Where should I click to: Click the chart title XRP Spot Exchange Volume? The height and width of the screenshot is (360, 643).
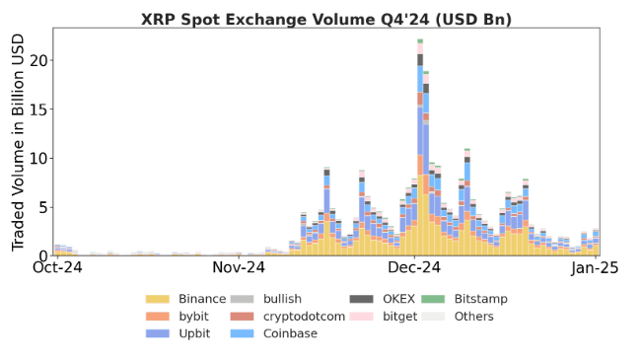click(325, 19)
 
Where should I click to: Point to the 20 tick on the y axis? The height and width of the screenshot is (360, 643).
click(37, 60)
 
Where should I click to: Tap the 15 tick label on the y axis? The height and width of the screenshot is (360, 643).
click(37, 109)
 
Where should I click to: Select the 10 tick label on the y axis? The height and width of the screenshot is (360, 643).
click(37, 158)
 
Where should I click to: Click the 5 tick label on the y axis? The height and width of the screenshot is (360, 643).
click(42, 207)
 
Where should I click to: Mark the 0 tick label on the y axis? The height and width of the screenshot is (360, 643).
click(42, 255)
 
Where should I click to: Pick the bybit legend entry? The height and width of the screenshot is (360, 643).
click(190, 316)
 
